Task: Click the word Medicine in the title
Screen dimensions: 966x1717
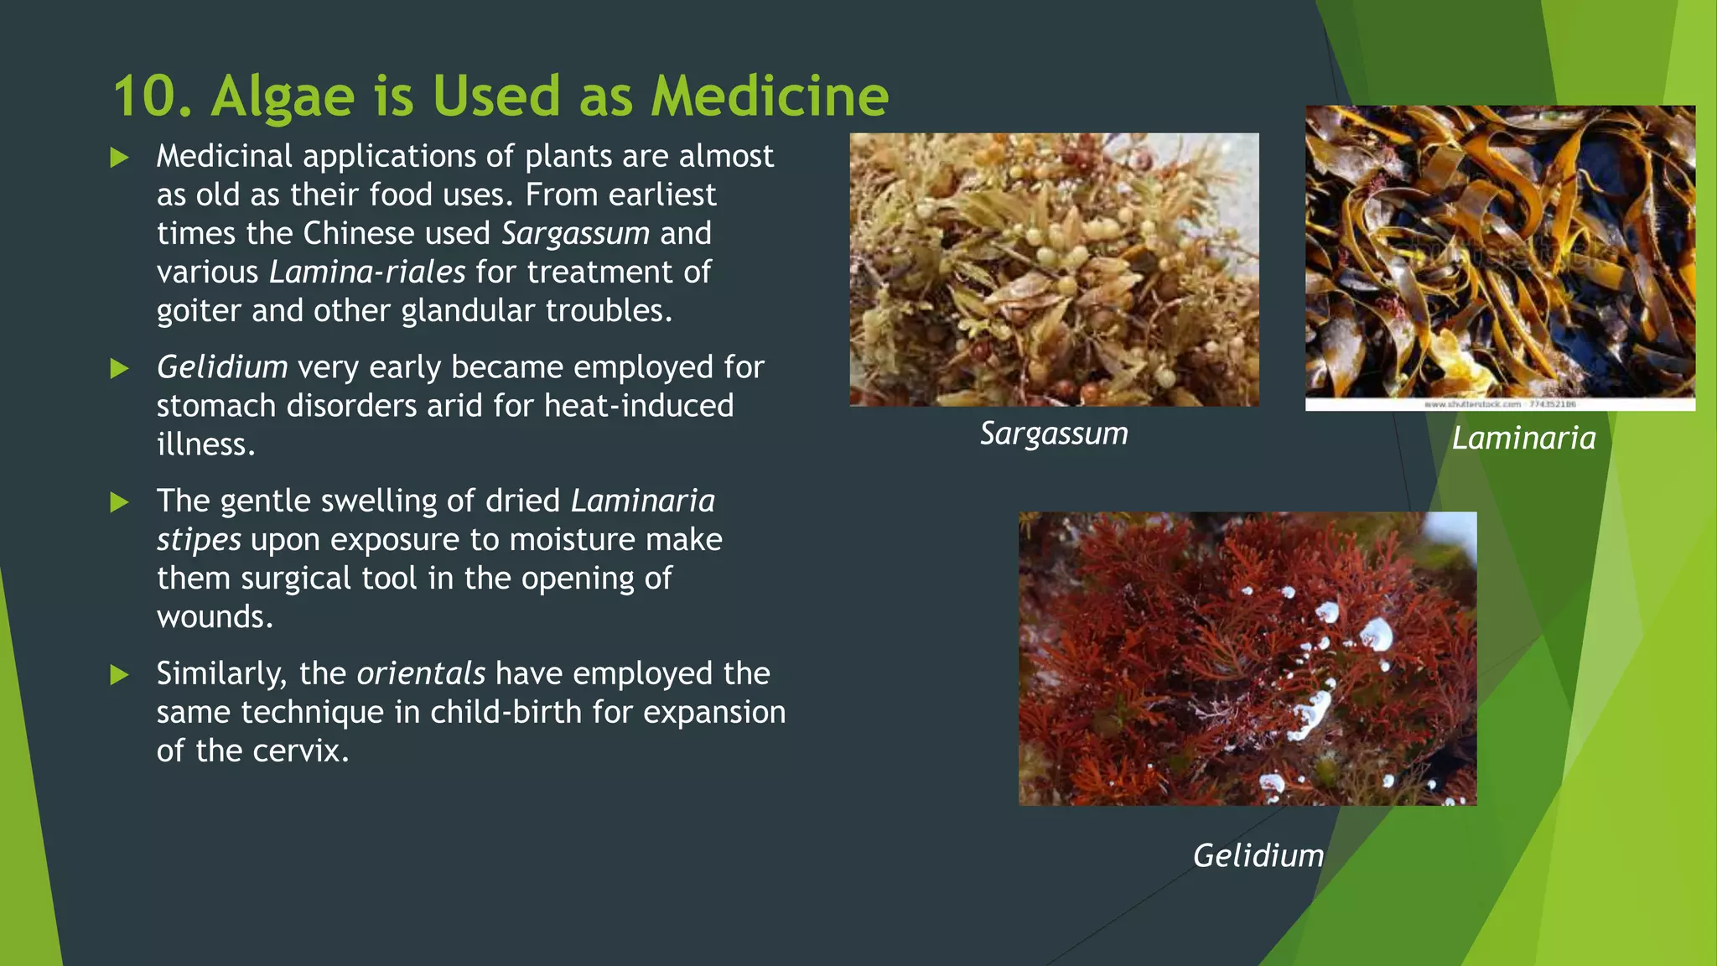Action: pos(769,96)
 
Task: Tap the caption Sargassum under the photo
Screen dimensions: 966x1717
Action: pos(1054,434)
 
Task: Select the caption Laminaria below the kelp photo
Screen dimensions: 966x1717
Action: pos(1523,439)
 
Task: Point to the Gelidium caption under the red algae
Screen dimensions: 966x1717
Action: pos(1258,856)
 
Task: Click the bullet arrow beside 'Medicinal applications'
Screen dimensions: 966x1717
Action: pos(120,158)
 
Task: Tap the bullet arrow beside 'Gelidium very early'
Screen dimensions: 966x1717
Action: pos(120,369)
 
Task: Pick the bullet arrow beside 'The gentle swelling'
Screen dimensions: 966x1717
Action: pos(120,502)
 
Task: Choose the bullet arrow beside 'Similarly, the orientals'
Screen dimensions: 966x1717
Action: pos(120,675)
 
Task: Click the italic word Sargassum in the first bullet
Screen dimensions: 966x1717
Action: pos(575,234)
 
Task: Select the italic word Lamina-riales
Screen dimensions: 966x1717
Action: pos(367,273)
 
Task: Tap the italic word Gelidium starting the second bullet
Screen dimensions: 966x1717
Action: pos(222,368)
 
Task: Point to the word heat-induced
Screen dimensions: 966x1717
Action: pos(639,407)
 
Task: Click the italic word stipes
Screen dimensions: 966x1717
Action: pos(199,540)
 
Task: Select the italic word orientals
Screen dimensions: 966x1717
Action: pos(421,674)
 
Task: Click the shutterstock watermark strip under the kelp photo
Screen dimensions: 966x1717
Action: pos(1500,404)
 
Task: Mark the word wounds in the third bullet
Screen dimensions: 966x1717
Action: pos(215,618)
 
